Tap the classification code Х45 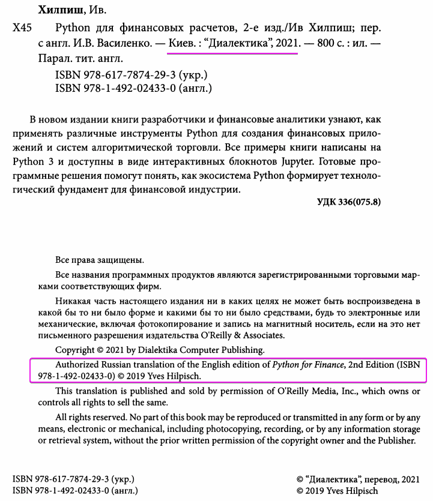tap(22, 28)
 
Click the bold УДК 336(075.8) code tap(348, 202)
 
